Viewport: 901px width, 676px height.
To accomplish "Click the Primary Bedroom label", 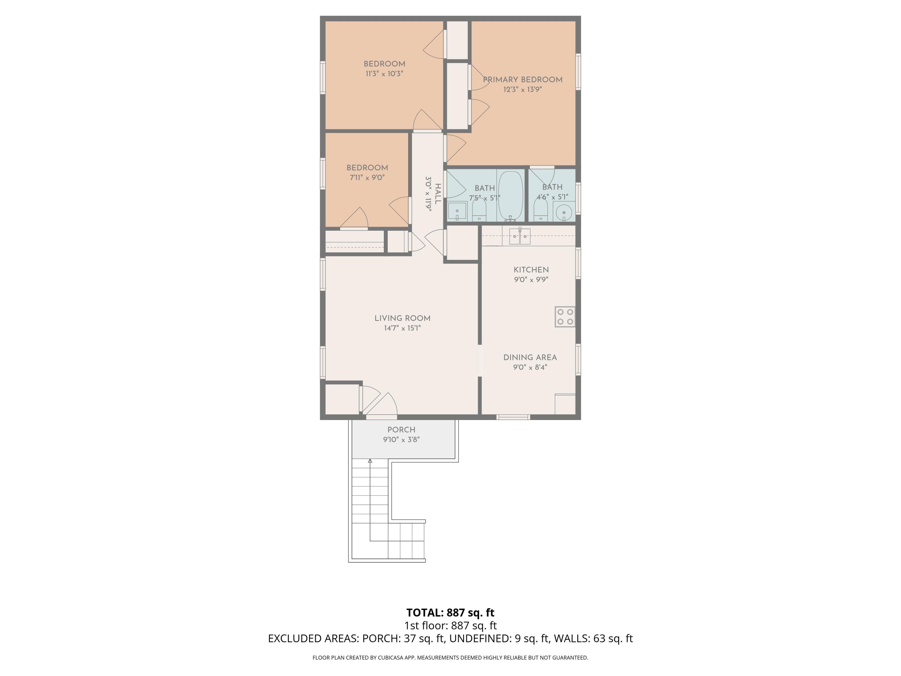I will click(x=523, y=80).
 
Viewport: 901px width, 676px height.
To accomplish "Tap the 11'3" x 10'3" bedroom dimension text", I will click(x=384, y=74).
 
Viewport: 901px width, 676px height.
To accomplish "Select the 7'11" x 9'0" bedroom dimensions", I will click(x=367, y=178).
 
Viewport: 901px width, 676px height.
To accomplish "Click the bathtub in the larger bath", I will click(x=510, y=196).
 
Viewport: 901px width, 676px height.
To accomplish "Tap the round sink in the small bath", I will click(x=564, y=212).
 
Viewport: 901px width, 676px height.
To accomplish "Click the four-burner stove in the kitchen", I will click(x=565, y=317).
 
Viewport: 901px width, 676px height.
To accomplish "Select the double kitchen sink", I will click(x=520, y=236).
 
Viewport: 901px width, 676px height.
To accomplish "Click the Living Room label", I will click(x=402, y=318).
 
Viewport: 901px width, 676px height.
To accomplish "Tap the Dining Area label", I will click(x=530, y=357).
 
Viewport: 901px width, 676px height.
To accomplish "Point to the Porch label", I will click(x=401, y=430).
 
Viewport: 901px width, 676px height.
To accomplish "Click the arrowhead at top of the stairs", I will click(x=370, y=461).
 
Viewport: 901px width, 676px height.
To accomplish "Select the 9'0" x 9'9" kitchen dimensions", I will click(x=531, y=279).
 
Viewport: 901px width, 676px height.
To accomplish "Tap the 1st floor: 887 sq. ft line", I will click(x=450, y=626).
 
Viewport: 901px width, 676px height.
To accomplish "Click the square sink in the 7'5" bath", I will click(x=457, y=212).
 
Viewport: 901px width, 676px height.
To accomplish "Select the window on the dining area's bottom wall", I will click(x=513, y=417).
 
